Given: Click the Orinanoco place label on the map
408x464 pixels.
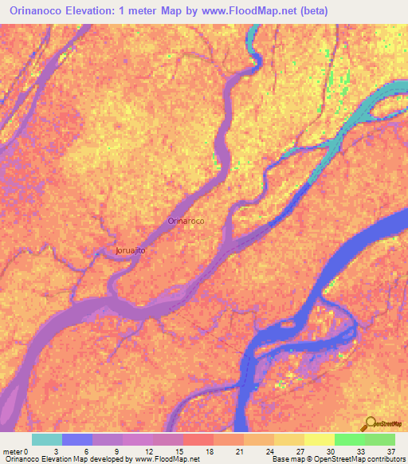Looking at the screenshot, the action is (x=186, y=220).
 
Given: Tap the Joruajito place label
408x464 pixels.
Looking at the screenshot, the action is (x=130, y=250).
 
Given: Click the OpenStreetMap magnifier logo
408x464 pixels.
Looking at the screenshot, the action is (x=370, y=424).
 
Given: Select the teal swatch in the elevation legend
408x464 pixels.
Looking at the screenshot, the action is (x=47, y=439).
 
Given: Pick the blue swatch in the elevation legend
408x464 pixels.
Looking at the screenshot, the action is (x=77, y=439).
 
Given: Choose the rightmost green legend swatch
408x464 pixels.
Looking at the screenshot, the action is (x=379, y=439).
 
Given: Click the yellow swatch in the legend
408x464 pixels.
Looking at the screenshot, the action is (x=319, y=439).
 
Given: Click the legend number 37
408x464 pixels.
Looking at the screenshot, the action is (x=390, y=451).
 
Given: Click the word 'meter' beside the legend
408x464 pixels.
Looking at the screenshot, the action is (x=13, y=451).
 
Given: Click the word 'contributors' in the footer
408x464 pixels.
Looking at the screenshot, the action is (x=381, y=459).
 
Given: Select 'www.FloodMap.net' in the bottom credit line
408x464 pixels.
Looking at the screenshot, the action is (x=163, y=459).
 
